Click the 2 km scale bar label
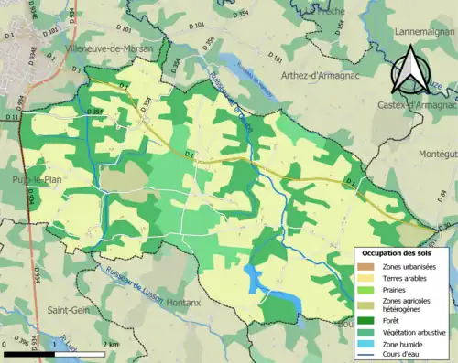click(x=110, y=344)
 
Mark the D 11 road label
click(x=11, y=118)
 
